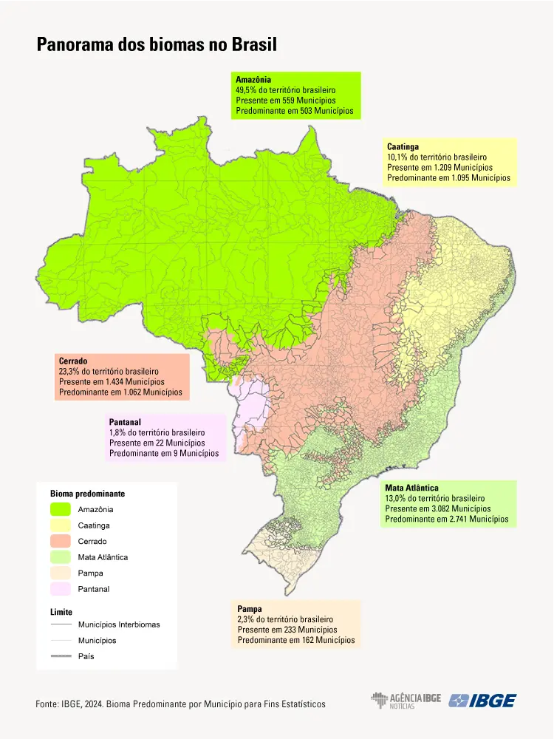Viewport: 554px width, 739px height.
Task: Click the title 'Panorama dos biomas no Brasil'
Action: (x=156, y=44)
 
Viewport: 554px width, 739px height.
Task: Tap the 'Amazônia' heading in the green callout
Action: (x=253, y=79)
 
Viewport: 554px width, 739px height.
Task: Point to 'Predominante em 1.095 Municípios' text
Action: (x=448, y=178)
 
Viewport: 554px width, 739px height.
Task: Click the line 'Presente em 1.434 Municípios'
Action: (x=111, y=382)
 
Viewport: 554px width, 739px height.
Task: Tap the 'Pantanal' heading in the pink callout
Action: (x=125, y=422)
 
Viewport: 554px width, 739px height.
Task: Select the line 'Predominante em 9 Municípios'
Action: (x=164, y=453)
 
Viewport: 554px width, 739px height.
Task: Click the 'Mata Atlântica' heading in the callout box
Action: (x=411, y=488)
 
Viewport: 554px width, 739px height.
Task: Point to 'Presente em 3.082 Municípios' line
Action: (x=437, y=509)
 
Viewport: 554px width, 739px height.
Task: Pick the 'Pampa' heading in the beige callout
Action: (x=250, y=609)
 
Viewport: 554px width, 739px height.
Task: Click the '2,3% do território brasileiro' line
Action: (x=285, y=619)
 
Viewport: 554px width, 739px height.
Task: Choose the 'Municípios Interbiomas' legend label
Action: (x=119, y=624)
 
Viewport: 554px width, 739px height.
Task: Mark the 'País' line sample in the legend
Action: (x=61, y=656)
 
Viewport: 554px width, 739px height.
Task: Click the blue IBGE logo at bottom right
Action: (x=483, y=701)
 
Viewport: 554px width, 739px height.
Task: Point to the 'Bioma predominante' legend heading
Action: (x=87, y=493)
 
